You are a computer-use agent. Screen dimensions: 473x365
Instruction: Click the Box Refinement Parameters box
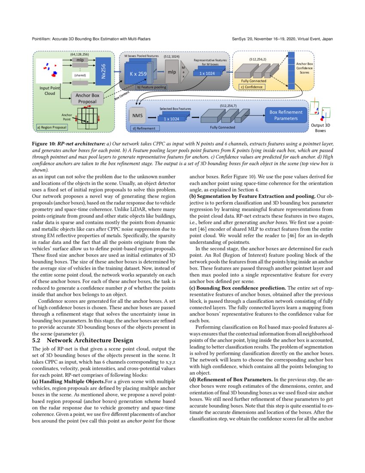click(x=286, y=115)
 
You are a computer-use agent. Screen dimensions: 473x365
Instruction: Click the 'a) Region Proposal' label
click(x=51, y=127)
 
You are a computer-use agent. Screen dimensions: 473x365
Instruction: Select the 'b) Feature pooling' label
click(x=152, y=87)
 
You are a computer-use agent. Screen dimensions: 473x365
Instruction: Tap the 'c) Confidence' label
click(x=251, y=86)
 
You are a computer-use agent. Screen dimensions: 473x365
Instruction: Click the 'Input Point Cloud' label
click(x=49, y=91)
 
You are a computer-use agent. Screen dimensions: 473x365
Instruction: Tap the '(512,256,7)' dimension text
click(x=228, y=105)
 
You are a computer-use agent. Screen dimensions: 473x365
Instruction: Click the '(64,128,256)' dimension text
click(x=79, y=55)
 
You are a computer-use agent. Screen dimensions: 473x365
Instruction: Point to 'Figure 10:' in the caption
click(x=45, y=142)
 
